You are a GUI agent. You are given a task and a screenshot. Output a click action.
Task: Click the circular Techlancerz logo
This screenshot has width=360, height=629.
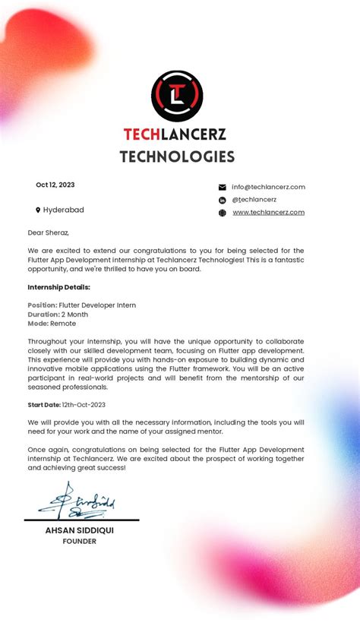177,96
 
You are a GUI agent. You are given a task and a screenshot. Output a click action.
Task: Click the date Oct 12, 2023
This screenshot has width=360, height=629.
55,185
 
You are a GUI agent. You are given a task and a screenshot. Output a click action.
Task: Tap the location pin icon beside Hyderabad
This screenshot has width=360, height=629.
38,210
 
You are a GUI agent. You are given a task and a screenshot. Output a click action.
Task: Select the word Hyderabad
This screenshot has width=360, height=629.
64,210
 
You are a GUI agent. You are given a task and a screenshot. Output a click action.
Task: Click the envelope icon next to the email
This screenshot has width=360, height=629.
223,187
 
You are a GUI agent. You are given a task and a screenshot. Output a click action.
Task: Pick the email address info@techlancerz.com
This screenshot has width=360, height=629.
268,187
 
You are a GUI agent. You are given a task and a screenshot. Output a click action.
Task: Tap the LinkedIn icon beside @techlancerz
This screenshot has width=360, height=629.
223,200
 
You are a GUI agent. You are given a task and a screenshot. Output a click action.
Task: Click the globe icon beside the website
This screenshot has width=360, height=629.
223,213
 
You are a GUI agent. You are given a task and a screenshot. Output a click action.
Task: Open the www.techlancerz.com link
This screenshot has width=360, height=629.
268,213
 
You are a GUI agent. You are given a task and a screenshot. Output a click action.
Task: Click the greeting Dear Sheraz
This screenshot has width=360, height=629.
49,232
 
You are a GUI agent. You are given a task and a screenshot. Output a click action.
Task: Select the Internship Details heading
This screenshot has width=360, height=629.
59,287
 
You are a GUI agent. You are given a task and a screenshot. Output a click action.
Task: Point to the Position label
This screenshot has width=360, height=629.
43,305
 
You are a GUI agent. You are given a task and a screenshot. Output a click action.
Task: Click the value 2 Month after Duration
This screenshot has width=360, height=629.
74,314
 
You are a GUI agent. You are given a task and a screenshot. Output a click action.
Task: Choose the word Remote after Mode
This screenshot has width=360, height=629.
63,324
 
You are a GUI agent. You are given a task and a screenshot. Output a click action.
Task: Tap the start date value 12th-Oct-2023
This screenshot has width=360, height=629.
84,405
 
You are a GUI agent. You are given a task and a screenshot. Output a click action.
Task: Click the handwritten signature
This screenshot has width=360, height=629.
76,502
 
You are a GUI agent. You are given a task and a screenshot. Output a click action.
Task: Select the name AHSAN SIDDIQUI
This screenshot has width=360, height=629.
80,530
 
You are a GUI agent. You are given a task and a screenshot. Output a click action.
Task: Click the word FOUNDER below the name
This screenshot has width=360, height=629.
80,542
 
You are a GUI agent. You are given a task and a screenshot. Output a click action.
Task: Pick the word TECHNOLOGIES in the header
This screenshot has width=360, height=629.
177,157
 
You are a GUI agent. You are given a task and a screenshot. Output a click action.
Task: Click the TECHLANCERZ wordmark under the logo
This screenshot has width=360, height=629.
175,134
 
